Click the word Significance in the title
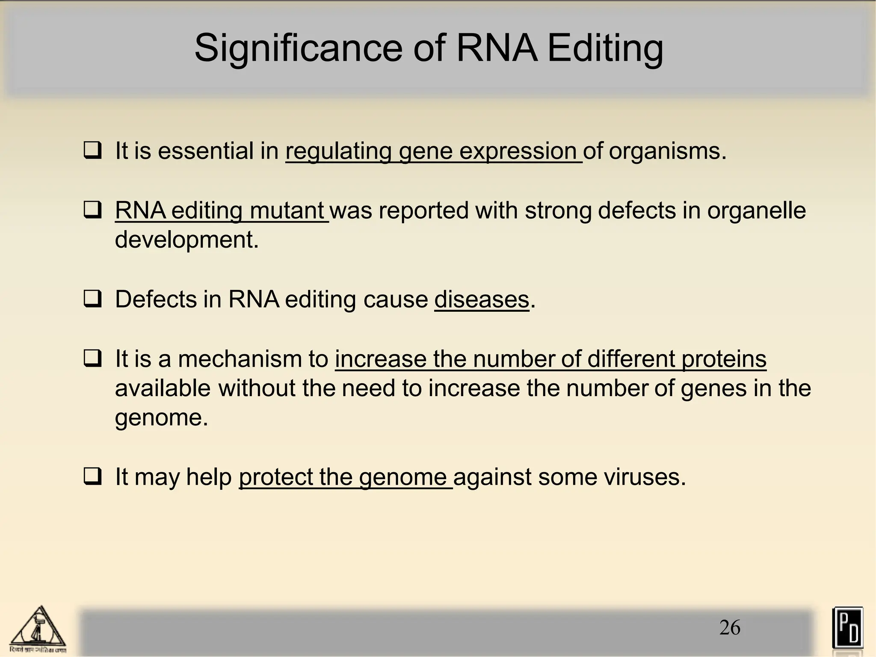coord(298,48)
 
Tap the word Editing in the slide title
coord(605,48)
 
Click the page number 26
coord(730,627)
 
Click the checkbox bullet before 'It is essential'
coord(92,151)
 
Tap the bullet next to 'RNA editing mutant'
coord(92,210)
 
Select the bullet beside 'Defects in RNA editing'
coord(92,299)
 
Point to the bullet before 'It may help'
coord(92,477)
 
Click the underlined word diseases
coord(482,299)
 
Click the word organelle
coord(756,210)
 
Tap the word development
coord(186,240)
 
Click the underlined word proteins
coord(724,358)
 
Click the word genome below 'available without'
coord(161,417)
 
